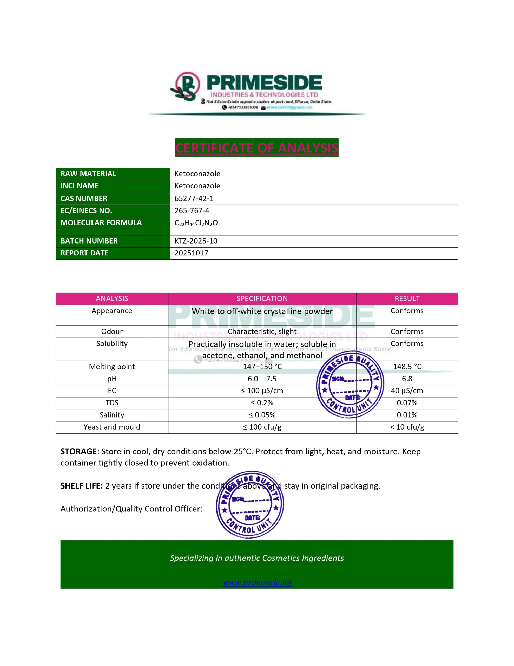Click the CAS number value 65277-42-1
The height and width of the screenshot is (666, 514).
[194, 198]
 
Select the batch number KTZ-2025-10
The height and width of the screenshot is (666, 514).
[196, 241]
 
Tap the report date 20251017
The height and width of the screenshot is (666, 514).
[191, 253]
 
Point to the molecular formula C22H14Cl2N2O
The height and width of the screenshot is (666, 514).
[196, 223]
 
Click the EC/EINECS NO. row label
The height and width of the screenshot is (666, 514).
[86, 211]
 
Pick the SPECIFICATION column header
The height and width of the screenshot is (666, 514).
[262, 299]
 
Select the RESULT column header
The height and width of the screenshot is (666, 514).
[407, 299]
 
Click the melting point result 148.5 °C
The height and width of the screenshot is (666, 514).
[407, 367]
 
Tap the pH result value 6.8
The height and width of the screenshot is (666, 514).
[407, 379]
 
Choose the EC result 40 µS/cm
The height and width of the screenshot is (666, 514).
[407, 391]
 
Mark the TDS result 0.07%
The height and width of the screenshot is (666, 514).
[407, 403]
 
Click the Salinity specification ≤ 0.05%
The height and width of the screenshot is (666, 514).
[262, 415]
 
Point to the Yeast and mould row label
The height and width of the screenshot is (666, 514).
[112, 427]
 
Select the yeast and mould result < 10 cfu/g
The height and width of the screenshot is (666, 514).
[407, 427]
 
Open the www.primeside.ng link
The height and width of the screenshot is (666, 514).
[257, 582]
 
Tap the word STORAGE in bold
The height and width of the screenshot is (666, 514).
[78, 452]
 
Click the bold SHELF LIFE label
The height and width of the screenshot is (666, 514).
[81, 486]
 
